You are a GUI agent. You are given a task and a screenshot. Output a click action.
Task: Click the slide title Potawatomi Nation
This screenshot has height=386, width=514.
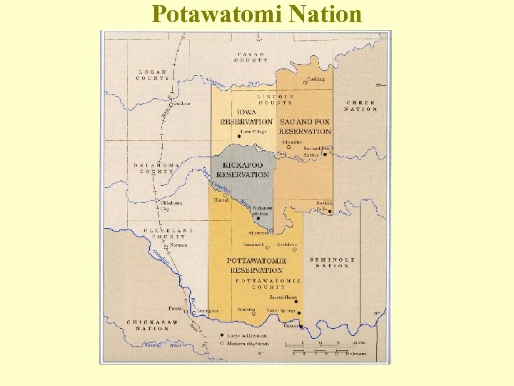point(257,14)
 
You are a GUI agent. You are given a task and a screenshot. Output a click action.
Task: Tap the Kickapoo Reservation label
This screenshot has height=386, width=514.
point(243,170)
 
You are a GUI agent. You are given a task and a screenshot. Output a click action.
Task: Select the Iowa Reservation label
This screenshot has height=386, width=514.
point(246,117)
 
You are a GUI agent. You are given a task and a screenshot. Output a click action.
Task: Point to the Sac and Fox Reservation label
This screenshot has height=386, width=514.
point(305,127)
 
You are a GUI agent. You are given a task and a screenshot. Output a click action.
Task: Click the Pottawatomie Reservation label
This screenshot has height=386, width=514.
point(256,265)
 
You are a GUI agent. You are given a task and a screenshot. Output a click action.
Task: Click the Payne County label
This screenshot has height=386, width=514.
point(251,57)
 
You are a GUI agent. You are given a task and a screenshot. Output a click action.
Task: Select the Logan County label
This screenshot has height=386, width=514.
point(153,74)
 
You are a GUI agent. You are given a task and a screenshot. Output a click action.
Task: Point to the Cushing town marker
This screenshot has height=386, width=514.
point(305,83)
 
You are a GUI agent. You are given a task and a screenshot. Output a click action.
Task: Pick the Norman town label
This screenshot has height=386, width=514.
point(178,245)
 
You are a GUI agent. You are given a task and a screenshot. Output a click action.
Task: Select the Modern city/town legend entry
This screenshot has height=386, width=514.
point(244,343)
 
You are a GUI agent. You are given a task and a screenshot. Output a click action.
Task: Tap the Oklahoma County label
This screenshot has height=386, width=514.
point(154,168)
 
